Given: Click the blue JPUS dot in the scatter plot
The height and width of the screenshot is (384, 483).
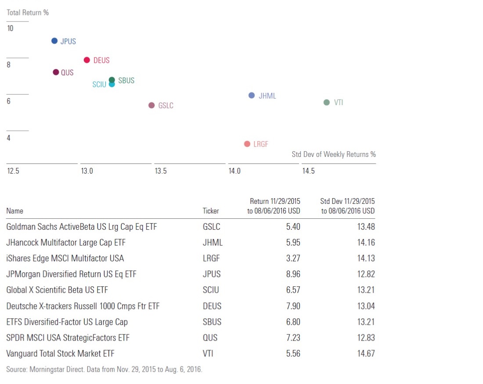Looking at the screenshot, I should pyautogui.click(x=54, y=41).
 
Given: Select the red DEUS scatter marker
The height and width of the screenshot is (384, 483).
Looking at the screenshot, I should pyautogui.click(x=87, y=60).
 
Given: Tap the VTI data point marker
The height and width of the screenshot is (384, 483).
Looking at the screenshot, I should pyautogui.click(x=326, y=103).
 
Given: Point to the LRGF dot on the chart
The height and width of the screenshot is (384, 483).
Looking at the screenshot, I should pyautogui.click(x=247, y=144).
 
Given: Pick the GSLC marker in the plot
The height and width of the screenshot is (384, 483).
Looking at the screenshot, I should pyautogui.click(x=151, y=105).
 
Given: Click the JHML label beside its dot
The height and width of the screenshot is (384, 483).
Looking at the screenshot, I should pyautogui.click(x=267, y=96).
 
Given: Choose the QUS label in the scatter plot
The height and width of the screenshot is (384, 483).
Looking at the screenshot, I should pyautogui.click(x=67, y=73).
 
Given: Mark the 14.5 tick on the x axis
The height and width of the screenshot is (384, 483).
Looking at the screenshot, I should pyautogui.click(x=308, y=171).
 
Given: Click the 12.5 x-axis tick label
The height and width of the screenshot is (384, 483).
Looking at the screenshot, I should pyautogui.click(x=13, y=171).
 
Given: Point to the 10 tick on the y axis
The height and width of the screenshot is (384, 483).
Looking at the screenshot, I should pyautogui.click(x=10, y=28).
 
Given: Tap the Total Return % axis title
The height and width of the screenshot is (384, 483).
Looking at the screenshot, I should pyautogui.click(x=28, y=13).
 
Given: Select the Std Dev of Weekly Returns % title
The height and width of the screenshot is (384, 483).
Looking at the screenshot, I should pyautogui.click(x=334, y=154).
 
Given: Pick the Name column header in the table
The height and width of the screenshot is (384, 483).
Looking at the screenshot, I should pyautogui.click(x=15, y=211).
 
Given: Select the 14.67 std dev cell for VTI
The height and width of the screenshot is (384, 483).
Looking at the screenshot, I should pyautogui.click(x=366, y=353).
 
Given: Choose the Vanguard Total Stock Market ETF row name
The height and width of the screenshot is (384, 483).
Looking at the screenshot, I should pyautogui.click(x=61, y=353).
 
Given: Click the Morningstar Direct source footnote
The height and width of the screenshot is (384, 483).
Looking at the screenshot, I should pyautogui.click(x=104, y=369).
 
